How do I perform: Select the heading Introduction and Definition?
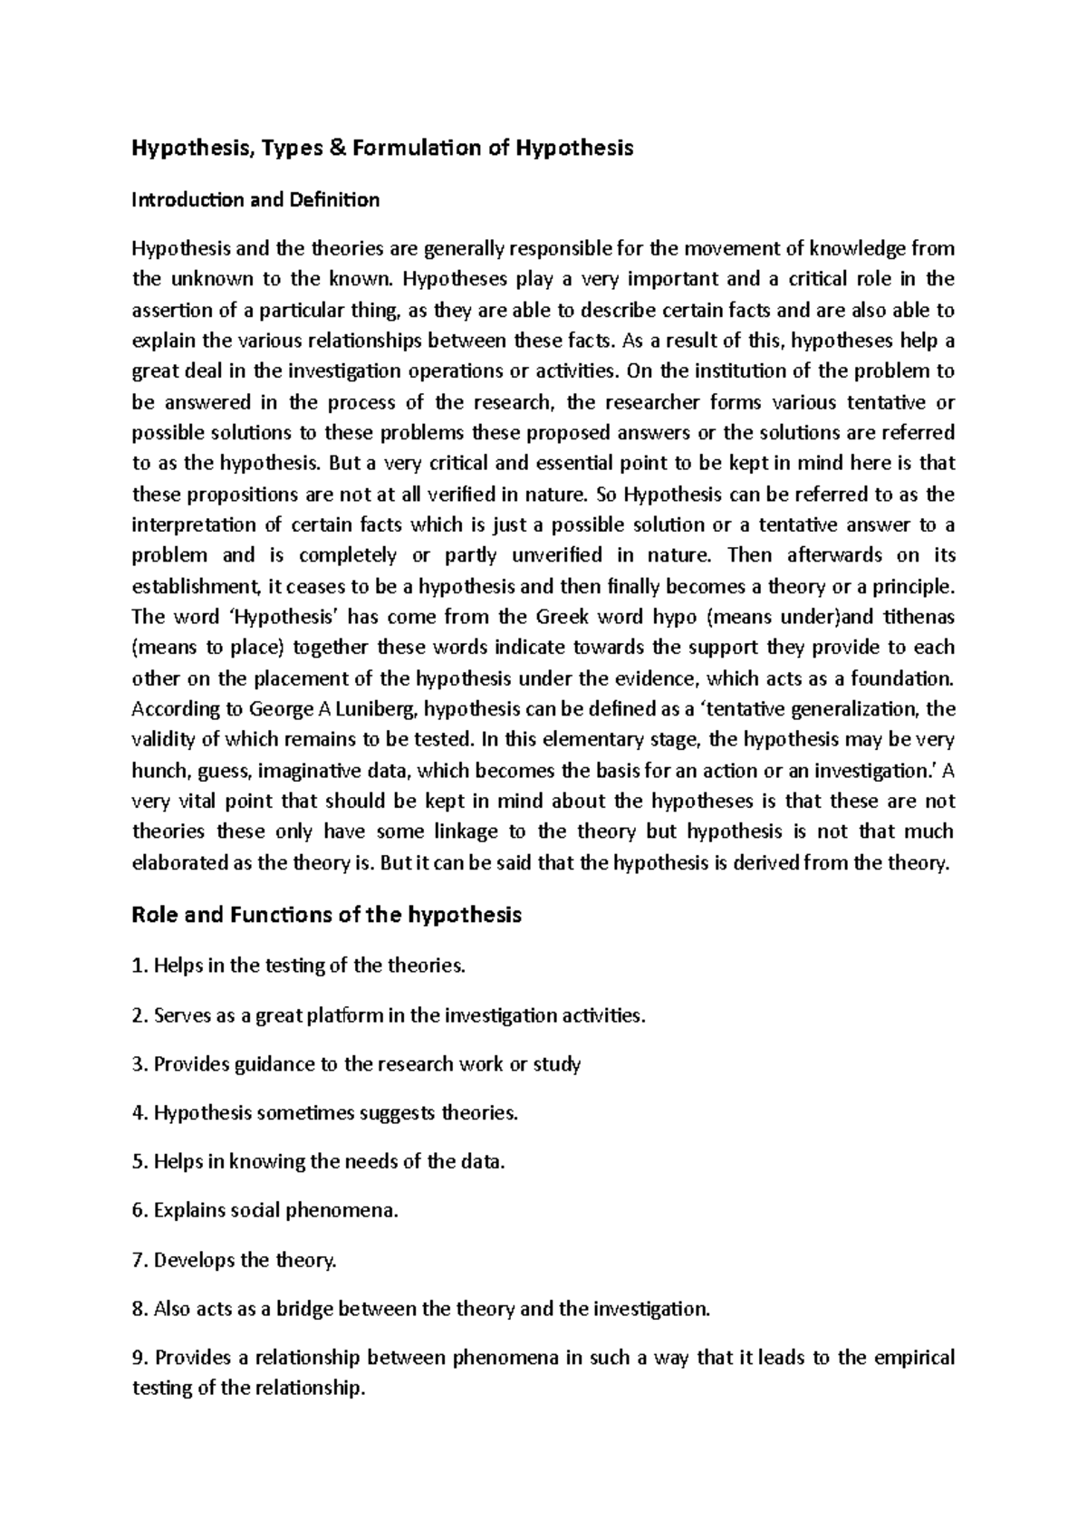255,200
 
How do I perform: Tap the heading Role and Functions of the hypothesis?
327,915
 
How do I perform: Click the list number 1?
139,966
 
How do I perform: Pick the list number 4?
139,1113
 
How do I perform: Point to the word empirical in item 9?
909,1358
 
